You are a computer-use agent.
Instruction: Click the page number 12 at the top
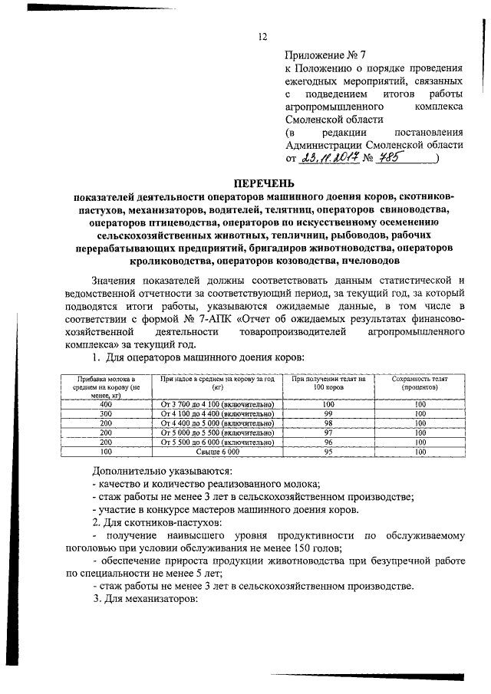pos(262,37)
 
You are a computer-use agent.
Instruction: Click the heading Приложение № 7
pos(321,54)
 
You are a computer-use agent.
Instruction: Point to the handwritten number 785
pos(394,158)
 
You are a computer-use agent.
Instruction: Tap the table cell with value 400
pos(107,403)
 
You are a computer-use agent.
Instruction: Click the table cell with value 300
pos(107,413)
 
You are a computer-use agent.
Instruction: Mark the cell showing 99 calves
pos(328,413)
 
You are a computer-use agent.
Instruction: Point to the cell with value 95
pos(328,452)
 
